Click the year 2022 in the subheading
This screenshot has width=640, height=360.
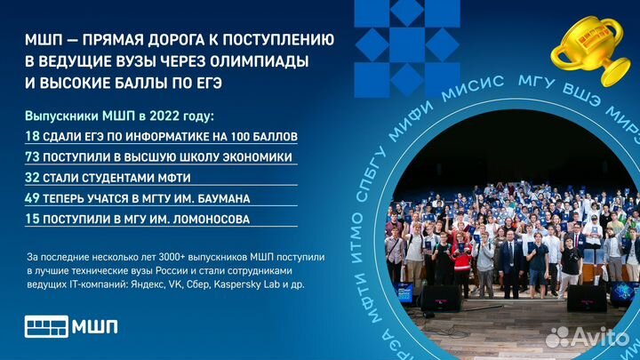[164, 116]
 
